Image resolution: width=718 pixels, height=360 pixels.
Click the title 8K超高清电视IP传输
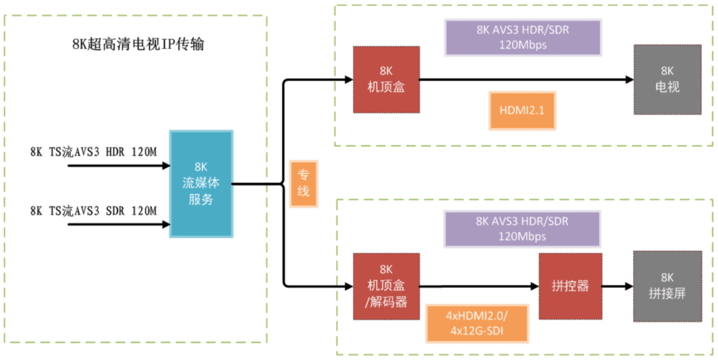pyautogui.click(x=138, y=45)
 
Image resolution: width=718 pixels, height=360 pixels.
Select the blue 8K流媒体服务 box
pyautogui.click(x=202, y=184)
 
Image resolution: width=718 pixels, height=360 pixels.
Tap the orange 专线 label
pyautogui.click(x=304, y=184)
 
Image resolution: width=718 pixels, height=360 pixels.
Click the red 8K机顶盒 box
pyautogui.click(x=386, y=79)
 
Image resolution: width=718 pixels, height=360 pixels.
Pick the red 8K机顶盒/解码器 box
pyautogui.click(x=386, y=286)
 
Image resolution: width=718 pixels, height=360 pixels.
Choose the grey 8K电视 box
pyautogui.click(x=667, y=79)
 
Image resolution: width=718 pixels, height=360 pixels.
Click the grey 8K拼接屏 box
pyautogui.click(x=667, y=286)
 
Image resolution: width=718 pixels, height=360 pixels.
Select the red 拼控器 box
pyautogui.click(x=571, y=286)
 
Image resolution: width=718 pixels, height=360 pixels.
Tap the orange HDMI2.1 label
pyautogui.click(x=522, y=110)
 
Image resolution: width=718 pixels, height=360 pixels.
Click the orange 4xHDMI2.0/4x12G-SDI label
pyautogui.click(x=477, y=323)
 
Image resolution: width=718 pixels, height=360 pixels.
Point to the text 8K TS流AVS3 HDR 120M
pyautogui.click(x=93, y=152)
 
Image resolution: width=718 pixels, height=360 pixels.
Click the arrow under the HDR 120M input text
pyautogui.click(x=118, y=166)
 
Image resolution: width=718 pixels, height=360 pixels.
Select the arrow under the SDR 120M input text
pyautogui.click(x=118, y=224)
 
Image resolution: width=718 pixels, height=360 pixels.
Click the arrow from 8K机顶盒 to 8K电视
pyautogui.click(x=527, y=80)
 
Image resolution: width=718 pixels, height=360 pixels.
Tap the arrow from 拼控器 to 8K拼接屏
pyautogui.click(x=618, y=286)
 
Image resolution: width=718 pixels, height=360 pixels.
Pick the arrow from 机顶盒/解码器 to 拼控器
pyautogui.click(x=479, y=286)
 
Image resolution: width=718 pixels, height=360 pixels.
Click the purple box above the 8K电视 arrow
pyautogui.click(x=523, y=38)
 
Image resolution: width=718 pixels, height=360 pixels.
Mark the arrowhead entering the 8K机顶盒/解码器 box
pyautogui.click(x=347, y=286)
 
